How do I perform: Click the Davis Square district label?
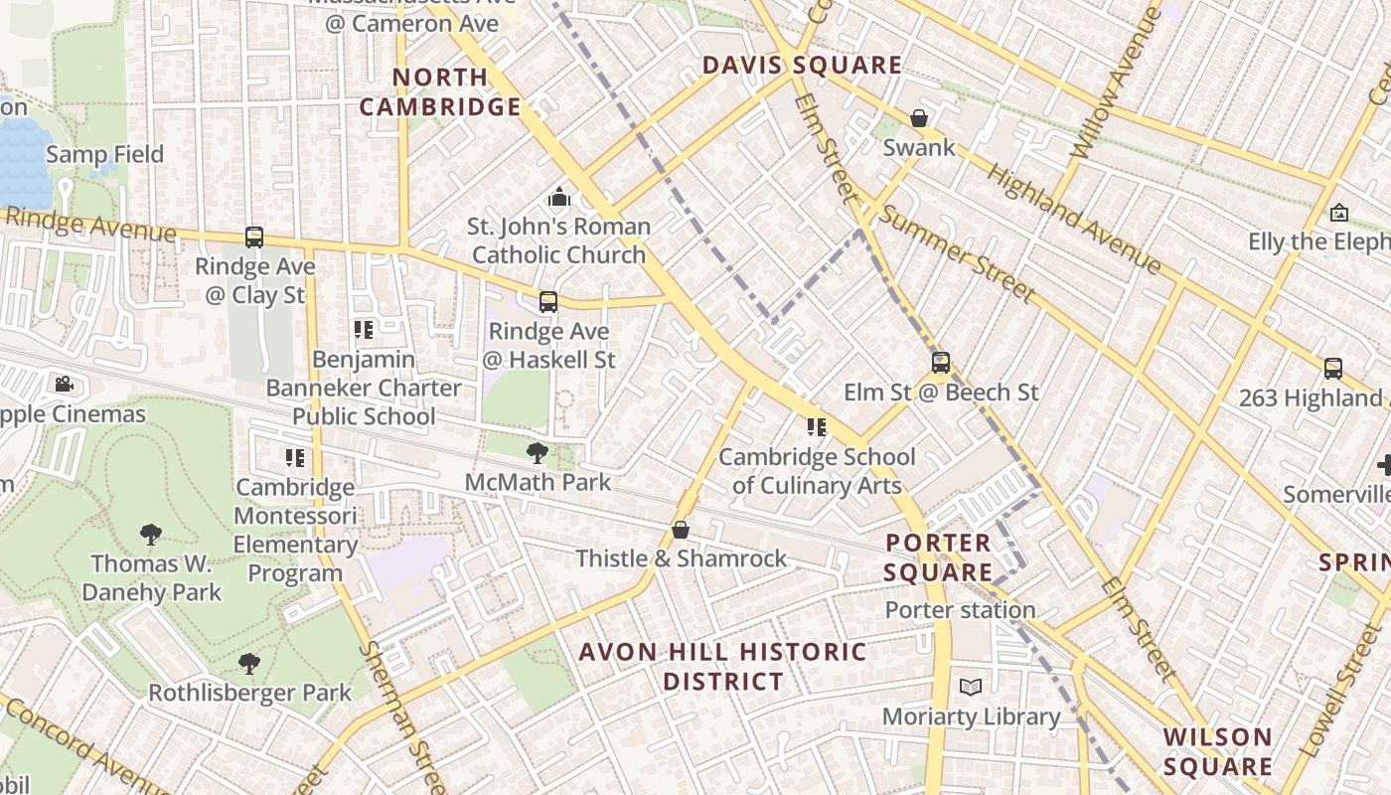click(802, 66)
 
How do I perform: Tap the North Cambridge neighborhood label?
click(440, 91)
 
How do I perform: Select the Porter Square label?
click(938, 557)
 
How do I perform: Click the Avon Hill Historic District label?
click(722, 667)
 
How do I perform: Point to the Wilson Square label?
click(1217, 751)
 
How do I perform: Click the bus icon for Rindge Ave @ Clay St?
click(254, 238)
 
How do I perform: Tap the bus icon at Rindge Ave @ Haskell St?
click(547, 302)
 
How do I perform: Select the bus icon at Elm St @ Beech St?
click(941, 363)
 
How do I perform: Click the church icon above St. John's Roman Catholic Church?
click(559, 197)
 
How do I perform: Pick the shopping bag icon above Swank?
click(919, 118)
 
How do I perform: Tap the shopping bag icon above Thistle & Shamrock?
click(681, 530)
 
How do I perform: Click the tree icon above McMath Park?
click(537, 453)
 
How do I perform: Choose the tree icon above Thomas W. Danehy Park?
click(151, 535)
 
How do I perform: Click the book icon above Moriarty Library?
click(971, 687)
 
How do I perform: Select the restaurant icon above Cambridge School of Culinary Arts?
click(817, 427)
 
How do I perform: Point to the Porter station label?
click(960, 610)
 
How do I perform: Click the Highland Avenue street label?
click(1073, 219)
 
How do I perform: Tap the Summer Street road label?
click(957, 254)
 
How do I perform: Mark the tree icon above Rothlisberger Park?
click(249, 663)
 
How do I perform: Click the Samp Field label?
click(104, 154)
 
